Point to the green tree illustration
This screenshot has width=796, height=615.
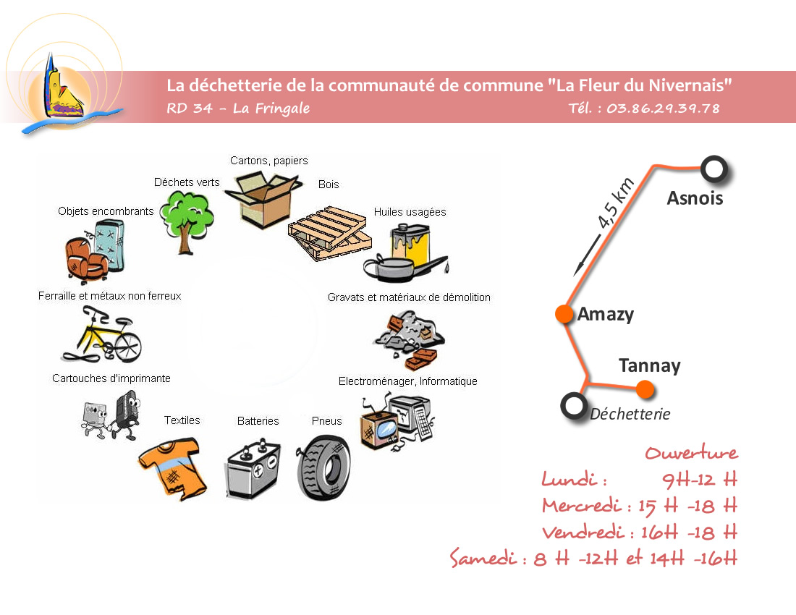click(x=187, y=216)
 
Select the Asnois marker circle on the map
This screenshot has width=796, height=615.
click(x=714, y=169)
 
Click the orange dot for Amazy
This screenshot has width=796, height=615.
click(x=563, y=314)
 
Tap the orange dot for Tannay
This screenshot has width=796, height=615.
click(x=645, y=390)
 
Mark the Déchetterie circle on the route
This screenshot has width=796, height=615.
click(x=574, y=405)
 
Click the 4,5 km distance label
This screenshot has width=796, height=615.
click(x=617, y=203)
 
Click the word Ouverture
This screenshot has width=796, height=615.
click(x=691, y=454)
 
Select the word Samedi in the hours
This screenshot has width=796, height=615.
click(x=483, y=559)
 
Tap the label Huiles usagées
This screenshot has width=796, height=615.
click(x=410, y=212)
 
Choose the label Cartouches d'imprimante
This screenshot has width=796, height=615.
click(x=111, y=378)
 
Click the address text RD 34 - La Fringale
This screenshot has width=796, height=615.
click(x=238, y=109)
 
